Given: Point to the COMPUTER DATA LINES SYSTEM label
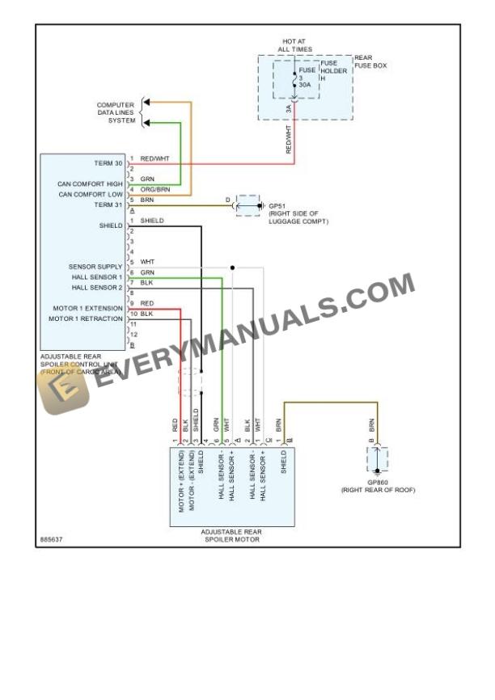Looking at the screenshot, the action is click(x=116, y=112).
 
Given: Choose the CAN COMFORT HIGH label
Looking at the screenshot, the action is click(x=91, y=183).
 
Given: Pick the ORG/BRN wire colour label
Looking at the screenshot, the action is click(x=154, y=189).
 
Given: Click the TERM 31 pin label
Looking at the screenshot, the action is click(x=108, y=205).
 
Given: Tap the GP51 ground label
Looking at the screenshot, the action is click(x=277, y=206).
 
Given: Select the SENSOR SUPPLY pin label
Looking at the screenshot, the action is click(x=95, y=267).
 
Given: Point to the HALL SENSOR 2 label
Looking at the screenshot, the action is click(x=97, y=287).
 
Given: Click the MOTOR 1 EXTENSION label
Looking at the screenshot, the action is click(x=88, y=308).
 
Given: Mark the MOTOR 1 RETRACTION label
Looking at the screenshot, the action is click(x=87, y=318).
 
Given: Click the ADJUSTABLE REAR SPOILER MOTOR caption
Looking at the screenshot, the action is click(x=231, y=535).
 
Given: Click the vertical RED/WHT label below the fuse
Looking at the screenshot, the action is click(x=290, y=138).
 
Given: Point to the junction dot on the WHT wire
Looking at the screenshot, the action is click(x=232, y=267).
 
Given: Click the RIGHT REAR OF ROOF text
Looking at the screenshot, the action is click(x=378, y=490).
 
